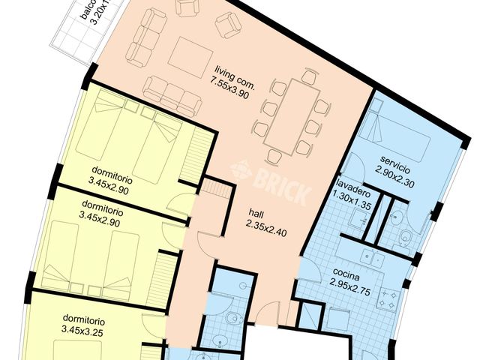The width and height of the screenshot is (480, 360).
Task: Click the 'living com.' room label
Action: (x=235, y=73)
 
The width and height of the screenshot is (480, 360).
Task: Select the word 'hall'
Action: (x=256, y=212)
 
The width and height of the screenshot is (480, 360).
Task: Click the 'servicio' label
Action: (x=397, y=160)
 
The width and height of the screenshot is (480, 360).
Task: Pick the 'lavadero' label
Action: (x=350, y=184)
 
